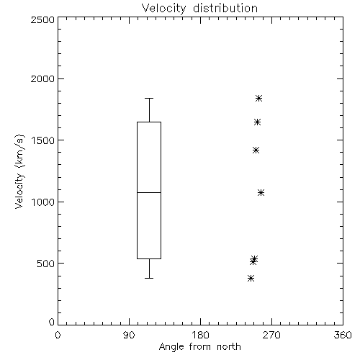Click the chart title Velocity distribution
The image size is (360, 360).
click(x=199, y=9)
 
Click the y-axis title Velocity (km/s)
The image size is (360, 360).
click(x=19, y=171)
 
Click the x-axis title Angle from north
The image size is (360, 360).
click(x=199, y=347)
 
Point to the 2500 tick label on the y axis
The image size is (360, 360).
click(x=42, y=19)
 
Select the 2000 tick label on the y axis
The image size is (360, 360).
click(x=42, y=78)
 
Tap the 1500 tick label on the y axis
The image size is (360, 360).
click(x=43, y=140)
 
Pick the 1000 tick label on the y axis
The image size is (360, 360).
click(x=43, y=202)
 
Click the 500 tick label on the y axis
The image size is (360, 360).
click(x=46, y=264)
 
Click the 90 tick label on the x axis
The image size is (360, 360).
click(x=129, y=335)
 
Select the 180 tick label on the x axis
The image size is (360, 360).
click(x=200, y=335)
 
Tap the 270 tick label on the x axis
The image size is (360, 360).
click(x=271, y=335)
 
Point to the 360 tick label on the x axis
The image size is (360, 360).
click(x=343, y=335)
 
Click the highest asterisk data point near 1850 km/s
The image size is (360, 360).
click(x=258, y=98)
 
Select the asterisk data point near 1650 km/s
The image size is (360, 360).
click(x=257, y=122)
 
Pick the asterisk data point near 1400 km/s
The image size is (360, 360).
click(x=256, y=150)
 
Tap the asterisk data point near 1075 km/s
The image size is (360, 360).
click(x=261, y=192)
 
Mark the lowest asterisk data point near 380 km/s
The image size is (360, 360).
click(x=251, y=279)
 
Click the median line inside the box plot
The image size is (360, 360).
click(x=149, y=192)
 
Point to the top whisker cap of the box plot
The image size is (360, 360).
click(x=149, y=98)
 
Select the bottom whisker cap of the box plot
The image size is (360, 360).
click(x=149, y=278)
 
